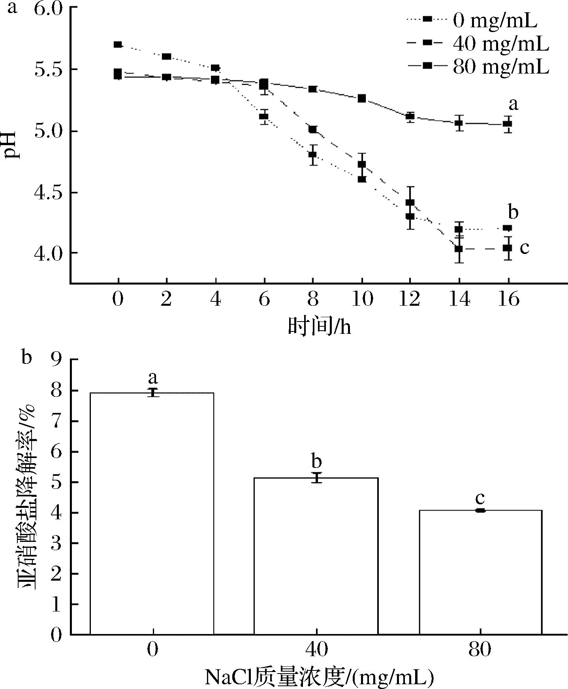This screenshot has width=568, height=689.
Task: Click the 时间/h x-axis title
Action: [319, 327]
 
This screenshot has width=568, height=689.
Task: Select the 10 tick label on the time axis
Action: [362, 300]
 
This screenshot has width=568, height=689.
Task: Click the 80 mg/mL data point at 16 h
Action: [508, 124]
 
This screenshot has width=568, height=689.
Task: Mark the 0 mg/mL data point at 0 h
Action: [118, 45]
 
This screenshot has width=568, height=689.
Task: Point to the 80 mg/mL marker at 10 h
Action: [362, 98]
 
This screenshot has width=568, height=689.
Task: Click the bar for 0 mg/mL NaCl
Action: [152, 514]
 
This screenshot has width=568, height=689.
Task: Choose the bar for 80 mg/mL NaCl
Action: [480, 574]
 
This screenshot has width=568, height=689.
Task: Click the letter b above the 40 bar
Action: [316, 461]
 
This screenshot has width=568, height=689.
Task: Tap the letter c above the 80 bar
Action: [480, 498]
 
